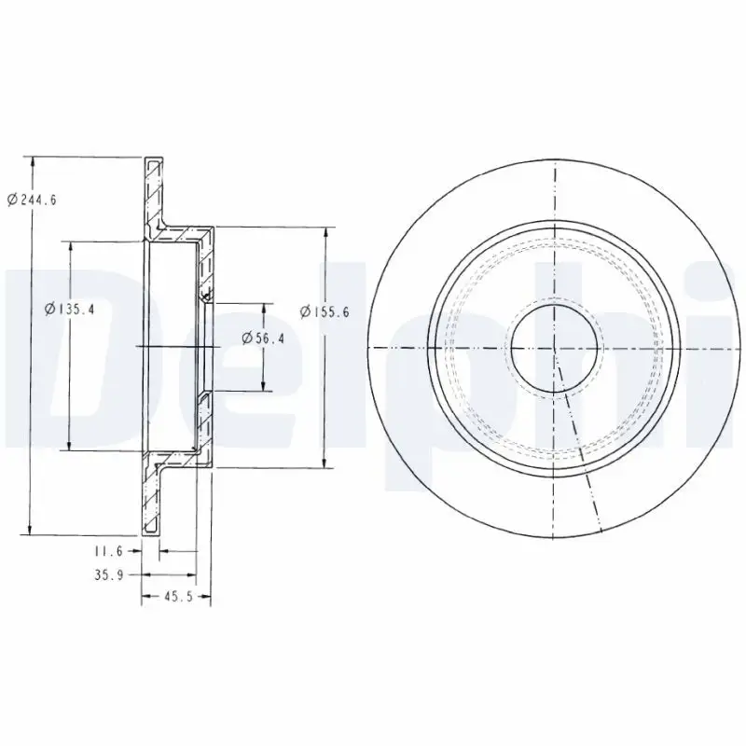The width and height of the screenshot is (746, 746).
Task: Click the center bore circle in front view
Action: click(554, 346)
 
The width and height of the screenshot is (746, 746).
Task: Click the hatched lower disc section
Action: click(152, 499)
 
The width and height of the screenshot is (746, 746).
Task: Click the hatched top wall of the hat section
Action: click(183, 230)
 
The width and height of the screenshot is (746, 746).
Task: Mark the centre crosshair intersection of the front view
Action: click(554, 347)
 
